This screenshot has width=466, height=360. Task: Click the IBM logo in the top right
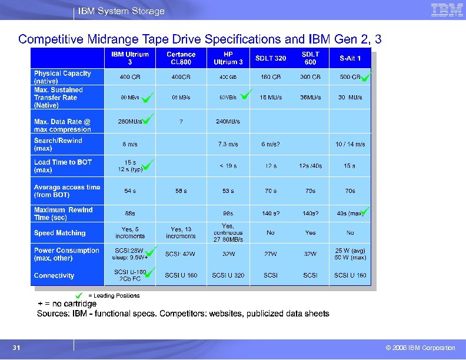[442, 10]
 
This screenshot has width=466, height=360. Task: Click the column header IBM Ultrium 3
[130, 58]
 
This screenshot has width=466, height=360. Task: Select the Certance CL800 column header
[181, 58]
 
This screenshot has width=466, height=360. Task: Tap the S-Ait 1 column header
[350, 58]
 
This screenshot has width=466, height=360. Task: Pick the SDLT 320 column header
[271, 58]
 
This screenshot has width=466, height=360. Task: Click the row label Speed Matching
[59, 233]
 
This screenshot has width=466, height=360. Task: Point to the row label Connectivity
[54, 275]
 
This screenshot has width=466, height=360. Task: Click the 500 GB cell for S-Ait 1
[349, 77]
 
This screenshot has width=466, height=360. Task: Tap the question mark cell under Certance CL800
[181, 122]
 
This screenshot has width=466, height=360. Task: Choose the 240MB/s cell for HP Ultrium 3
[228, 122]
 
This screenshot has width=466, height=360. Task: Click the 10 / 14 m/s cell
[350, 144]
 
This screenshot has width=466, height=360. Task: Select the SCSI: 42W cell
[181, 254]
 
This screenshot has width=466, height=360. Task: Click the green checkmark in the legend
[78, 295]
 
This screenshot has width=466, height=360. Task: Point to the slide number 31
[17, 348]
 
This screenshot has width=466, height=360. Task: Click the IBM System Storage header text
[122, 11]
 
